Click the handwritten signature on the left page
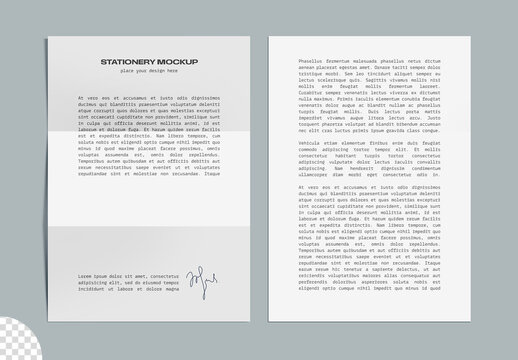[201, 284]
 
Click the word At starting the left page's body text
[78, 97]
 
